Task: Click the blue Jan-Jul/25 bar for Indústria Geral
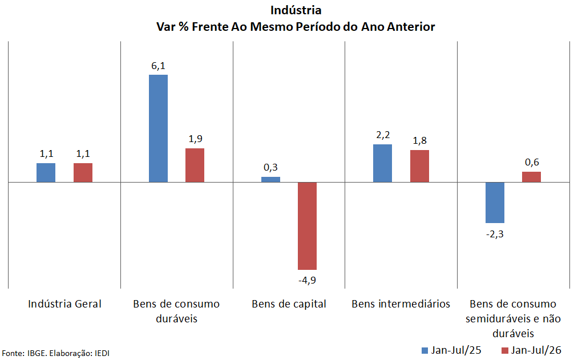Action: pyautogui.click(x=46, y=172)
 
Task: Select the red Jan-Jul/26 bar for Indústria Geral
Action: pyautogui.click(x=83, y=172)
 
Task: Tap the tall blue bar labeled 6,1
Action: pyautogui.click(x=158, y=128)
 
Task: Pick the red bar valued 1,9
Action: pyautogui.click(x=195, y=165)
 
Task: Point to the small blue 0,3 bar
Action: pyautogui.click(x=270, y=180)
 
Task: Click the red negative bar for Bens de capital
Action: pyautogui.click(x=307, y=226)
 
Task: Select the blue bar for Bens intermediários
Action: pyautogui.click(x=383, y=163)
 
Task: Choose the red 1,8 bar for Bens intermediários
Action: pyautogui.click(x=419, y=166)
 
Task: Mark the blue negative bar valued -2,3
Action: pyautogui.click(x=495, y=203)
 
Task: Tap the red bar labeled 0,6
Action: pyautogui.click(x=532, y=177)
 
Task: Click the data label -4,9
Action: pyautogui.click(x=307, y=280)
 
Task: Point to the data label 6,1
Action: pyautogui.click(x=158, y=66)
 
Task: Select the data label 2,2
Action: pyautogui.click(x=383, y=135)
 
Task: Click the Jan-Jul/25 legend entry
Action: pyautogui.click(x=451, y=350)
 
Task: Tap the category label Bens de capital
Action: pyautogui.click(x=289, y=304)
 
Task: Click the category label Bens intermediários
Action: pyautogui.click(x=401, y=304)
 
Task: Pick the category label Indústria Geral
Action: pyautogui.click(x=64, y=304)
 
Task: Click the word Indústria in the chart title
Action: pyautogui.click(x=296, y=10)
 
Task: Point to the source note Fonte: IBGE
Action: pyautogui.click(x=24, y=353)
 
